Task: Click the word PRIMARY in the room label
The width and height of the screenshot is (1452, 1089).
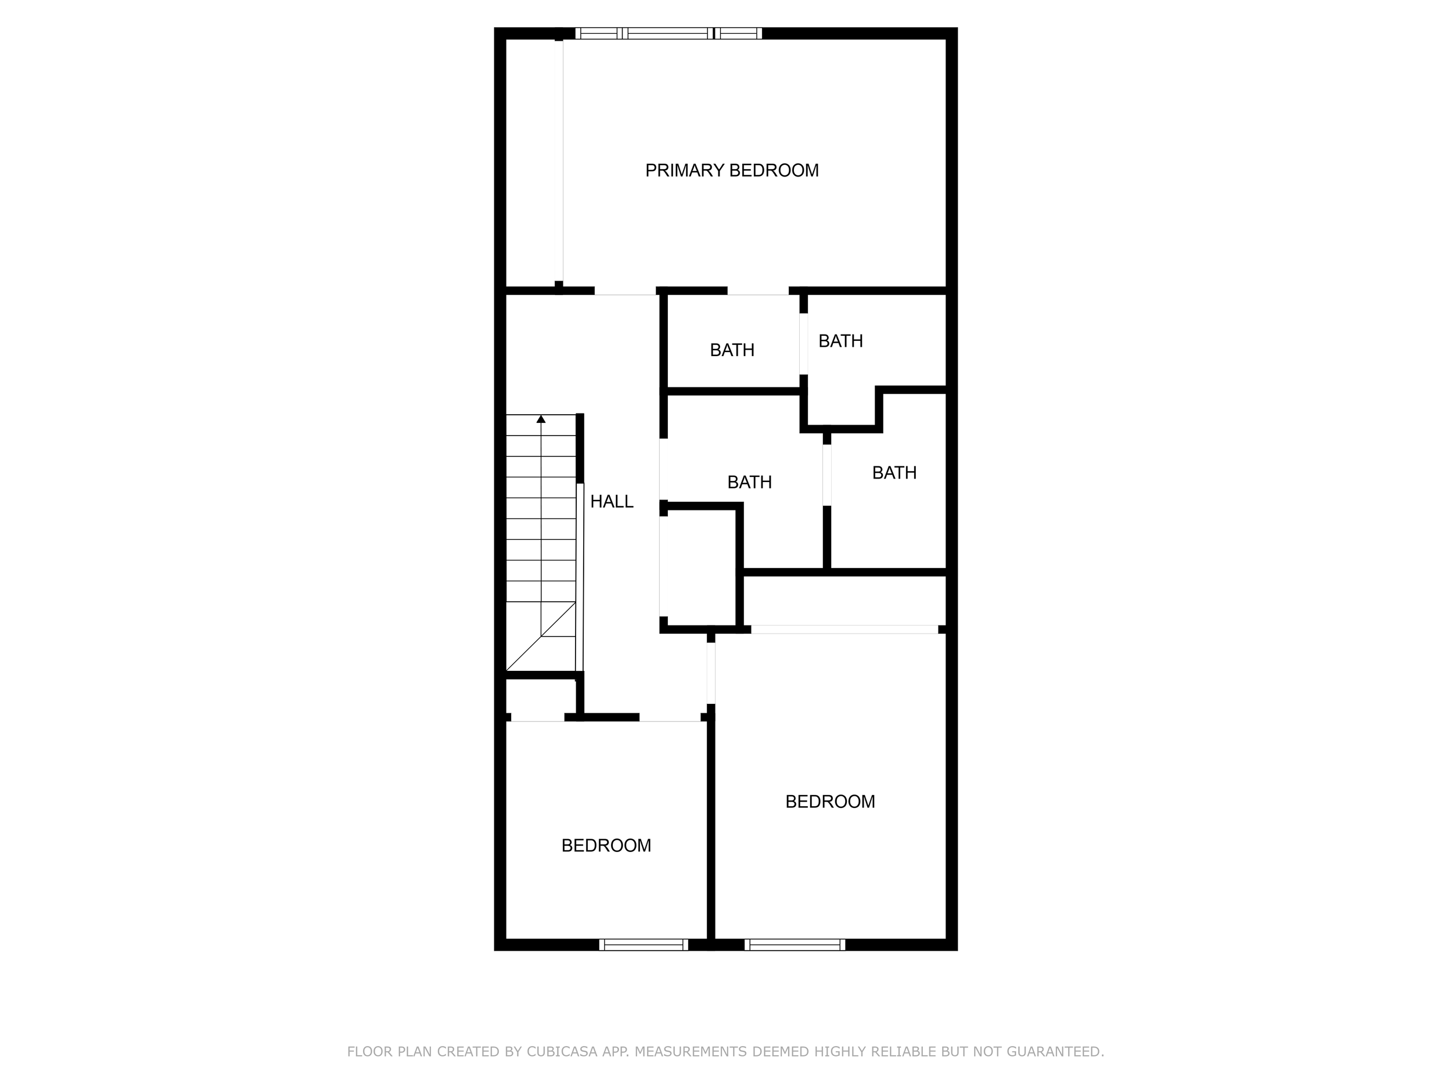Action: coord(684,171)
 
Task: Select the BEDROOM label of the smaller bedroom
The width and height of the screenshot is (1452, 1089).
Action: coord(606,846)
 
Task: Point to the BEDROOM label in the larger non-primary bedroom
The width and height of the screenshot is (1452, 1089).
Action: coord(830,802)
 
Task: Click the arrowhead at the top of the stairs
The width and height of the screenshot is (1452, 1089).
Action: coord(541,419)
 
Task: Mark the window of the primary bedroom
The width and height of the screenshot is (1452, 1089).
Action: coord(669,34)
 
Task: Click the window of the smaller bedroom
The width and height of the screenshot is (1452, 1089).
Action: coord(644,944)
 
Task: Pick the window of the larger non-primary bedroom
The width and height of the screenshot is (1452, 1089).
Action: coord(795,944)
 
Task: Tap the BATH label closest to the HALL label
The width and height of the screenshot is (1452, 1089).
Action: coord(749,483)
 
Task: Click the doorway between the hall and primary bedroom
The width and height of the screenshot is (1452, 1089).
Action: coord(625,292)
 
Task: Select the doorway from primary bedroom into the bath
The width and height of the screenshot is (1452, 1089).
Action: coord(757,292)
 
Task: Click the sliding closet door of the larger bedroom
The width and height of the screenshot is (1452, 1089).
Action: coord(844,630)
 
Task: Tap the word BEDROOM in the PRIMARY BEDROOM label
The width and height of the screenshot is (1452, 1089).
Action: coord(774,171)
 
